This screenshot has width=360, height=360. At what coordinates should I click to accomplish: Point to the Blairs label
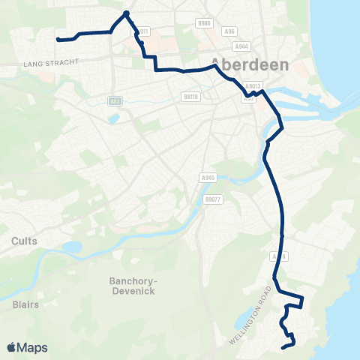coord(25,304)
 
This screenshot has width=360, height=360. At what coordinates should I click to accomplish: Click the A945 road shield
coord(208,177)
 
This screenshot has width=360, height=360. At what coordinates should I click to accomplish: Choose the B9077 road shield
coord(212,199)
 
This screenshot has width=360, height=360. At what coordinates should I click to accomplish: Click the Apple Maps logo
coord(27,347)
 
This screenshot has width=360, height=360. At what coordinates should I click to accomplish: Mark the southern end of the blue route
coord(283,347)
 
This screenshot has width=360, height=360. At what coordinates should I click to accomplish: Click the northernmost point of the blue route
coord(127,13)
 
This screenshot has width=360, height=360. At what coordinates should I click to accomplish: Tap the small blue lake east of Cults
coord(71,247)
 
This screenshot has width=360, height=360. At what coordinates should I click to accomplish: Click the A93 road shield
coord(115,101)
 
